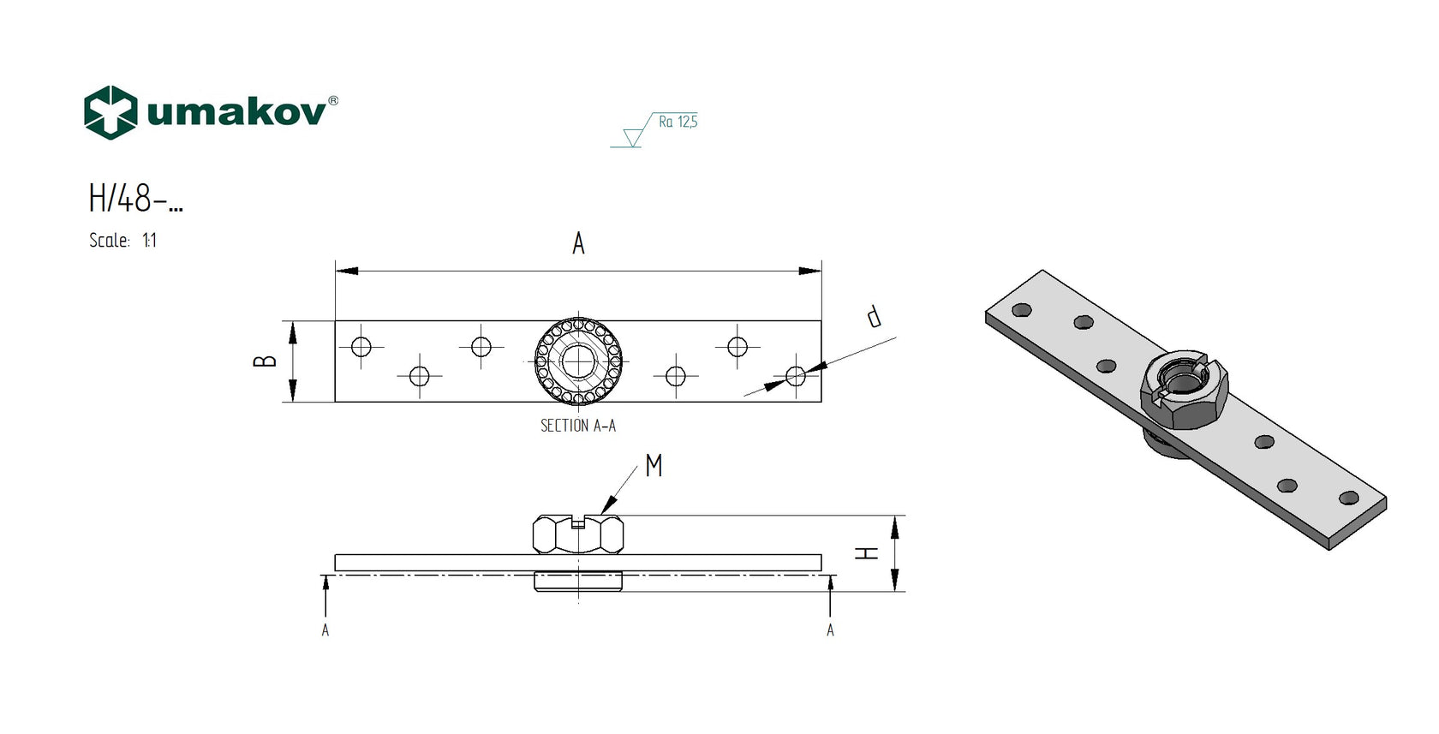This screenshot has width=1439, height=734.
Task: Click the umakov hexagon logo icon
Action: coord(110,112)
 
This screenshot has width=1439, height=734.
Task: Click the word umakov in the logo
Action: coord(236,113)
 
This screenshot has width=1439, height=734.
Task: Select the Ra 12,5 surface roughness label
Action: coord(678,122)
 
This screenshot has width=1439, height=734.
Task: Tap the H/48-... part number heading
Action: coord(135,200)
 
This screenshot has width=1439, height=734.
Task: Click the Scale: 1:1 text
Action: coord(122,241)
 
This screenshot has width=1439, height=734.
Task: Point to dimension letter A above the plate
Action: coord(578,244)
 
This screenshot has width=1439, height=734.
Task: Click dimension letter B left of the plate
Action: coord(266,361)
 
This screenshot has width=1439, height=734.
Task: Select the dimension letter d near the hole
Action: coord(873,316)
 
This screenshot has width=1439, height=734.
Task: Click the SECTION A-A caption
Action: coord(577,426)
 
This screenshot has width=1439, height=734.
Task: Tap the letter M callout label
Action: coord(654,466)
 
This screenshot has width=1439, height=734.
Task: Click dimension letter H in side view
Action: coord(868,553)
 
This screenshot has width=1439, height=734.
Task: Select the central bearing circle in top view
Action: coord(578,361)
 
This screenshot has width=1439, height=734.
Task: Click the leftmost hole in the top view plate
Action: coord(361,347)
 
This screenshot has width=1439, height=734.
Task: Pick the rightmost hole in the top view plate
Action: coord(796,375)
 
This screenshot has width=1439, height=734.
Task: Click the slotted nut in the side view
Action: coord(577,534)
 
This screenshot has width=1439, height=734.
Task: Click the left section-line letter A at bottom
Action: coord(325,630)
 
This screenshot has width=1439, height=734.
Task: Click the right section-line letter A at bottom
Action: coord(830,630)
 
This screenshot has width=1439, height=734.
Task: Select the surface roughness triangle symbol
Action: coord(634,137)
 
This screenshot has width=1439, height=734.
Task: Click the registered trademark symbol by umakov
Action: coord(333,101)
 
